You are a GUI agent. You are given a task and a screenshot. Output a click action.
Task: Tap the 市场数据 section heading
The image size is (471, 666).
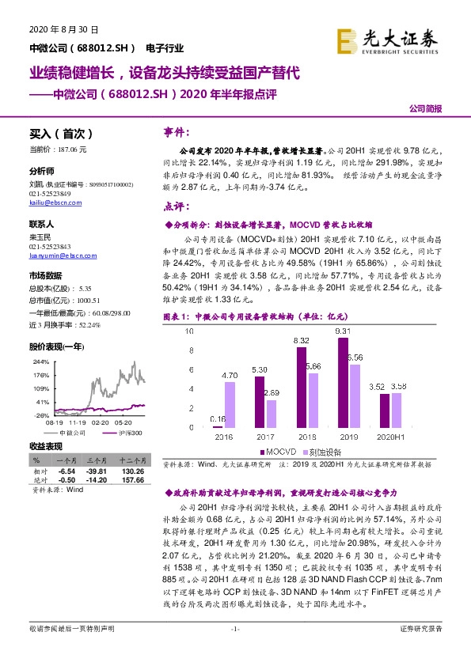tap(45, 276)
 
